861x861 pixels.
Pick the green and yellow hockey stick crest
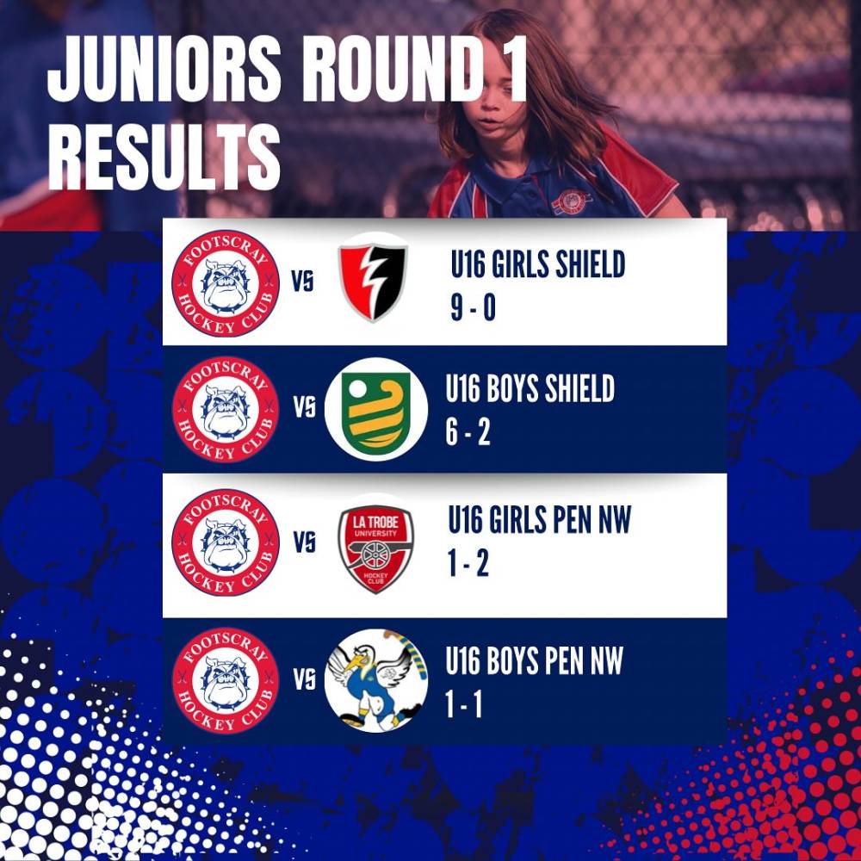pos(376,408)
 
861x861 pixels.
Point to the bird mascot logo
pos(376,680)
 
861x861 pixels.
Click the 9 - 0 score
pos(474,307)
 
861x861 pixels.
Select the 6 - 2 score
pos(468,433)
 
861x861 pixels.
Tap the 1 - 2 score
pos(468,563)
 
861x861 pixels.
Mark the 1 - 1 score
pos(464,704)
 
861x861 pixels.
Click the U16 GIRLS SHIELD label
pos(538,264)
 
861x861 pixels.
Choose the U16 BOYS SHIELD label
pos(530,389)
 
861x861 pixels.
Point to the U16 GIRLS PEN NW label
pos(540,519)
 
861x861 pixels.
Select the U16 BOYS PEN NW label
pos(535,660)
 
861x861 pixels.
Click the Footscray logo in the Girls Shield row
pos(226,283)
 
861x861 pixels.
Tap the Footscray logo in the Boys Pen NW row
pos(226,680)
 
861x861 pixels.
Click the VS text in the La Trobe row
pos(304,543)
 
